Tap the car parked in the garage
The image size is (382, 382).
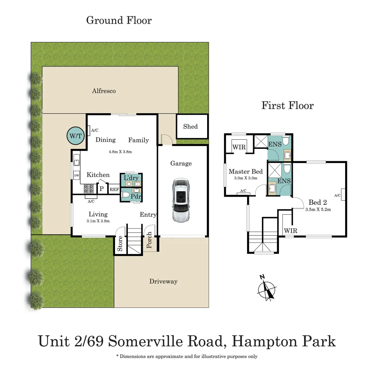coord(181,200)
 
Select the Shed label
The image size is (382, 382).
coord(190,127)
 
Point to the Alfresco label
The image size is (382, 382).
coord(104,91)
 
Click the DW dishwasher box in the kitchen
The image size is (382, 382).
coord(76,175)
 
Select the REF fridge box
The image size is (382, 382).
coord(114,190)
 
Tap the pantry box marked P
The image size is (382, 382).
coord(102,189)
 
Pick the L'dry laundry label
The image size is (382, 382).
coord(131,178)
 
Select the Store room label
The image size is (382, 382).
coord(120,243)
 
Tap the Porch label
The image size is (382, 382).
coord(149,240)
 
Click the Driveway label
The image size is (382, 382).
coord(163,282)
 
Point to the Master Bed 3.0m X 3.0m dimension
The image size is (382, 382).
coord(246,178)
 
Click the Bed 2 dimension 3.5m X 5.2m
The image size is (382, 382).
coord(318,209)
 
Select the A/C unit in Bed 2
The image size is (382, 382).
coord(343,195)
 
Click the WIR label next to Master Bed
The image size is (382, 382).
coord(239,147)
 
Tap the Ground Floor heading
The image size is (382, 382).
coord(119,20)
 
